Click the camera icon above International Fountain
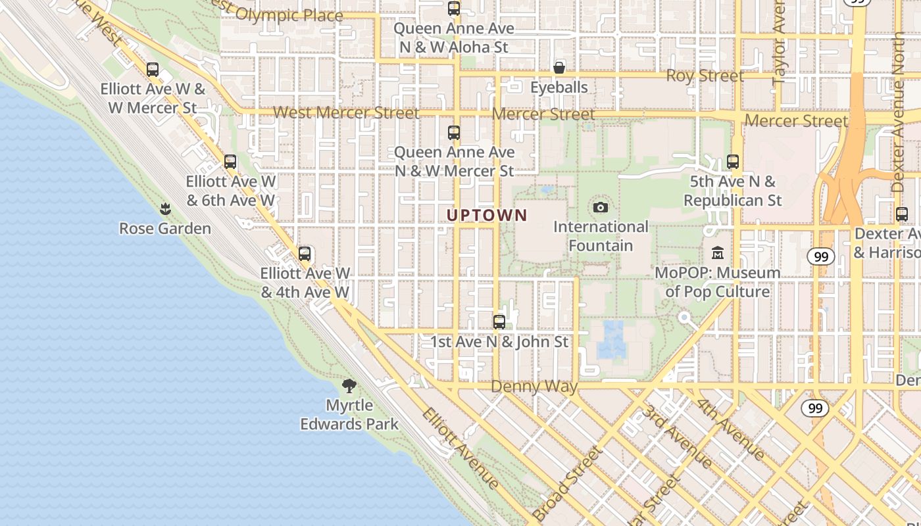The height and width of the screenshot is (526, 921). [x=600, y=208]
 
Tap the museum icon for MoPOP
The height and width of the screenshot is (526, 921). [x=718, y=252]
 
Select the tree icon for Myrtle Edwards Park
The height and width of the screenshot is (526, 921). [x=349, y=386]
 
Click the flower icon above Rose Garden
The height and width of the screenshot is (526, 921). [x=165, y=209]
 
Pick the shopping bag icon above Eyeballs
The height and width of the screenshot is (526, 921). [x=559, y=68]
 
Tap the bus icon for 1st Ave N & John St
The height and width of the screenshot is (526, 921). [x=499, y=322]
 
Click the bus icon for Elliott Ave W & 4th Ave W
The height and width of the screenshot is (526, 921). [x=304, y=254]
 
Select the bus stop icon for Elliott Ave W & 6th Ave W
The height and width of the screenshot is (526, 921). [x=230, y=162]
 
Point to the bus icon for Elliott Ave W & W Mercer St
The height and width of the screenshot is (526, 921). [x=153, y=70]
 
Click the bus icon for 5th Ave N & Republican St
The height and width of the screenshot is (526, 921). [x=733, y=162]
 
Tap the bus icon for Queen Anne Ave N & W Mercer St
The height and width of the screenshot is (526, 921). [x=454, y=133]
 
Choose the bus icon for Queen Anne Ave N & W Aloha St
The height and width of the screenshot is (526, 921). [x=454, y=9]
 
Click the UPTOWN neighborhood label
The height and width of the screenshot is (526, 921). [x=487, y=215]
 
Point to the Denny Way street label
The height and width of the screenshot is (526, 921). [x=534, y=387]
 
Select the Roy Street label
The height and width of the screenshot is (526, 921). [x=705, y=76]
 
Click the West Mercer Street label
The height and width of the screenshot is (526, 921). [x=346, y=113]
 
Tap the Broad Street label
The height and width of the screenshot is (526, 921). [x=567, y=483]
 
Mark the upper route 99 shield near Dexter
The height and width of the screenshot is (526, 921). [x=820, y=256]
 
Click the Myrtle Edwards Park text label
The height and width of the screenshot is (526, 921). [x=349, y=415]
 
